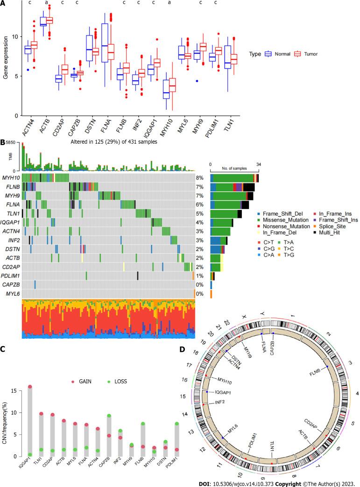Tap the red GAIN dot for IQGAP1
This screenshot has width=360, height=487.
pos(30,387)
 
